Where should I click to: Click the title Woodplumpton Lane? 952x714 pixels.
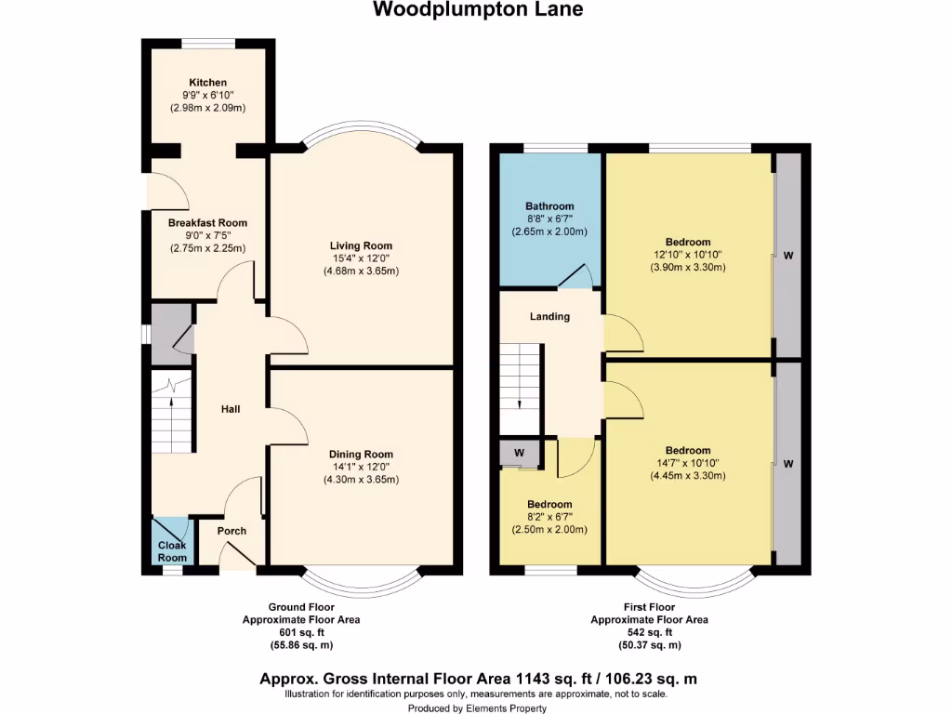[479, 10]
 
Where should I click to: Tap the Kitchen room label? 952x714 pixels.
[207, 83]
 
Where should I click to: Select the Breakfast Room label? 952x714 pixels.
[207, 223]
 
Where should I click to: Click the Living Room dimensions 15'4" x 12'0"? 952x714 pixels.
[364, 258]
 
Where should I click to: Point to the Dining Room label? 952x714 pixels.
[364, 454]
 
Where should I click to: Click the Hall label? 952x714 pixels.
[231, 408]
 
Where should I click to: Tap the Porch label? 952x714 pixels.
[231, 531]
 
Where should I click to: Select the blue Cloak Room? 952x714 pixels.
[171, 541]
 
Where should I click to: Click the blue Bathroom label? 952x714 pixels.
[549, 206]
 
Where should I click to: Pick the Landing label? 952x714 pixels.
[549, 317]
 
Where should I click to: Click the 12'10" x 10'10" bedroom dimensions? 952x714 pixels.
[687, 255]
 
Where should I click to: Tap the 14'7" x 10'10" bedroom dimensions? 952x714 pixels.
[687, 463]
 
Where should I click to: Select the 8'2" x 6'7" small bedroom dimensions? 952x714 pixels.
[549, 517]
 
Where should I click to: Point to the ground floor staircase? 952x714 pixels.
[171, 418]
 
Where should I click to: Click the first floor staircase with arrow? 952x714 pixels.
[520, 383]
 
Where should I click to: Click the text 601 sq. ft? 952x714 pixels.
[301, 632]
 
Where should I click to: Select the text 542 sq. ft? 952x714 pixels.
[650, 632]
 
